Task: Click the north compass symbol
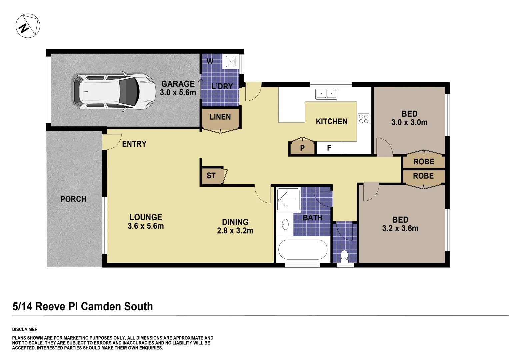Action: point(28,26)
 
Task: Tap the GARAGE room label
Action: point(178,84)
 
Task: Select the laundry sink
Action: point(231,61)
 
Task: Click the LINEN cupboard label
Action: point(220,117)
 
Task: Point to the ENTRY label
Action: point(134,144)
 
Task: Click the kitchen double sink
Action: point(326,94)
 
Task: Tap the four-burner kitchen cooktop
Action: point(364,119)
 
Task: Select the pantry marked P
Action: point(302,148)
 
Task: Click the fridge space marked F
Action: point(329,148)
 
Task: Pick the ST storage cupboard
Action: point(211,176)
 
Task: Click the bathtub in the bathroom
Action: point(303,250)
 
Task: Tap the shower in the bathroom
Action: point(288,199)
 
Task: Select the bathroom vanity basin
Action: point(285,224)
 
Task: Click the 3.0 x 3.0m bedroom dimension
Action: point(409,122)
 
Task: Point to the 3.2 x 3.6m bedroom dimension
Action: point(400,228)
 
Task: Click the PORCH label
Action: point(73,199)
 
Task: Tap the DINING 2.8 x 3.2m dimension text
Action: point(235,231)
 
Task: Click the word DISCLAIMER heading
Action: point(25,329)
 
